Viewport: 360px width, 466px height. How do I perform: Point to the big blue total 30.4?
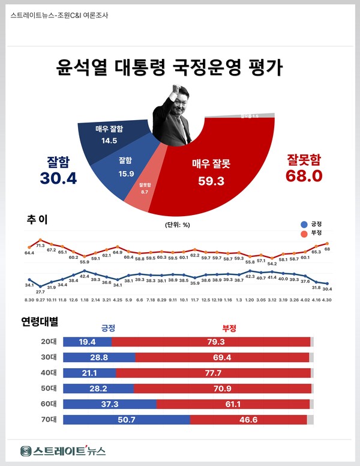point(59,177)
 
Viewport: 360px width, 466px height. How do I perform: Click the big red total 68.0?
point(304,175)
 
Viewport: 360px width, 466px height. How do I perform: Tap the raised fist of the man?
point(176,88)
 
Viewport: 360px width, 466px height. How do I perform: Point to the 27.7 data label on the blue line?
point(40,291)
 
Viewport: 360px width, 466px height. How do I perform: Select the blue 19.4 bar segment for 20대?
point(87,342)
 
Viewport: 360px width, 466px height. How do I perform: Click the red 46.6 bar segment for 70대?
point(248,420)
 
